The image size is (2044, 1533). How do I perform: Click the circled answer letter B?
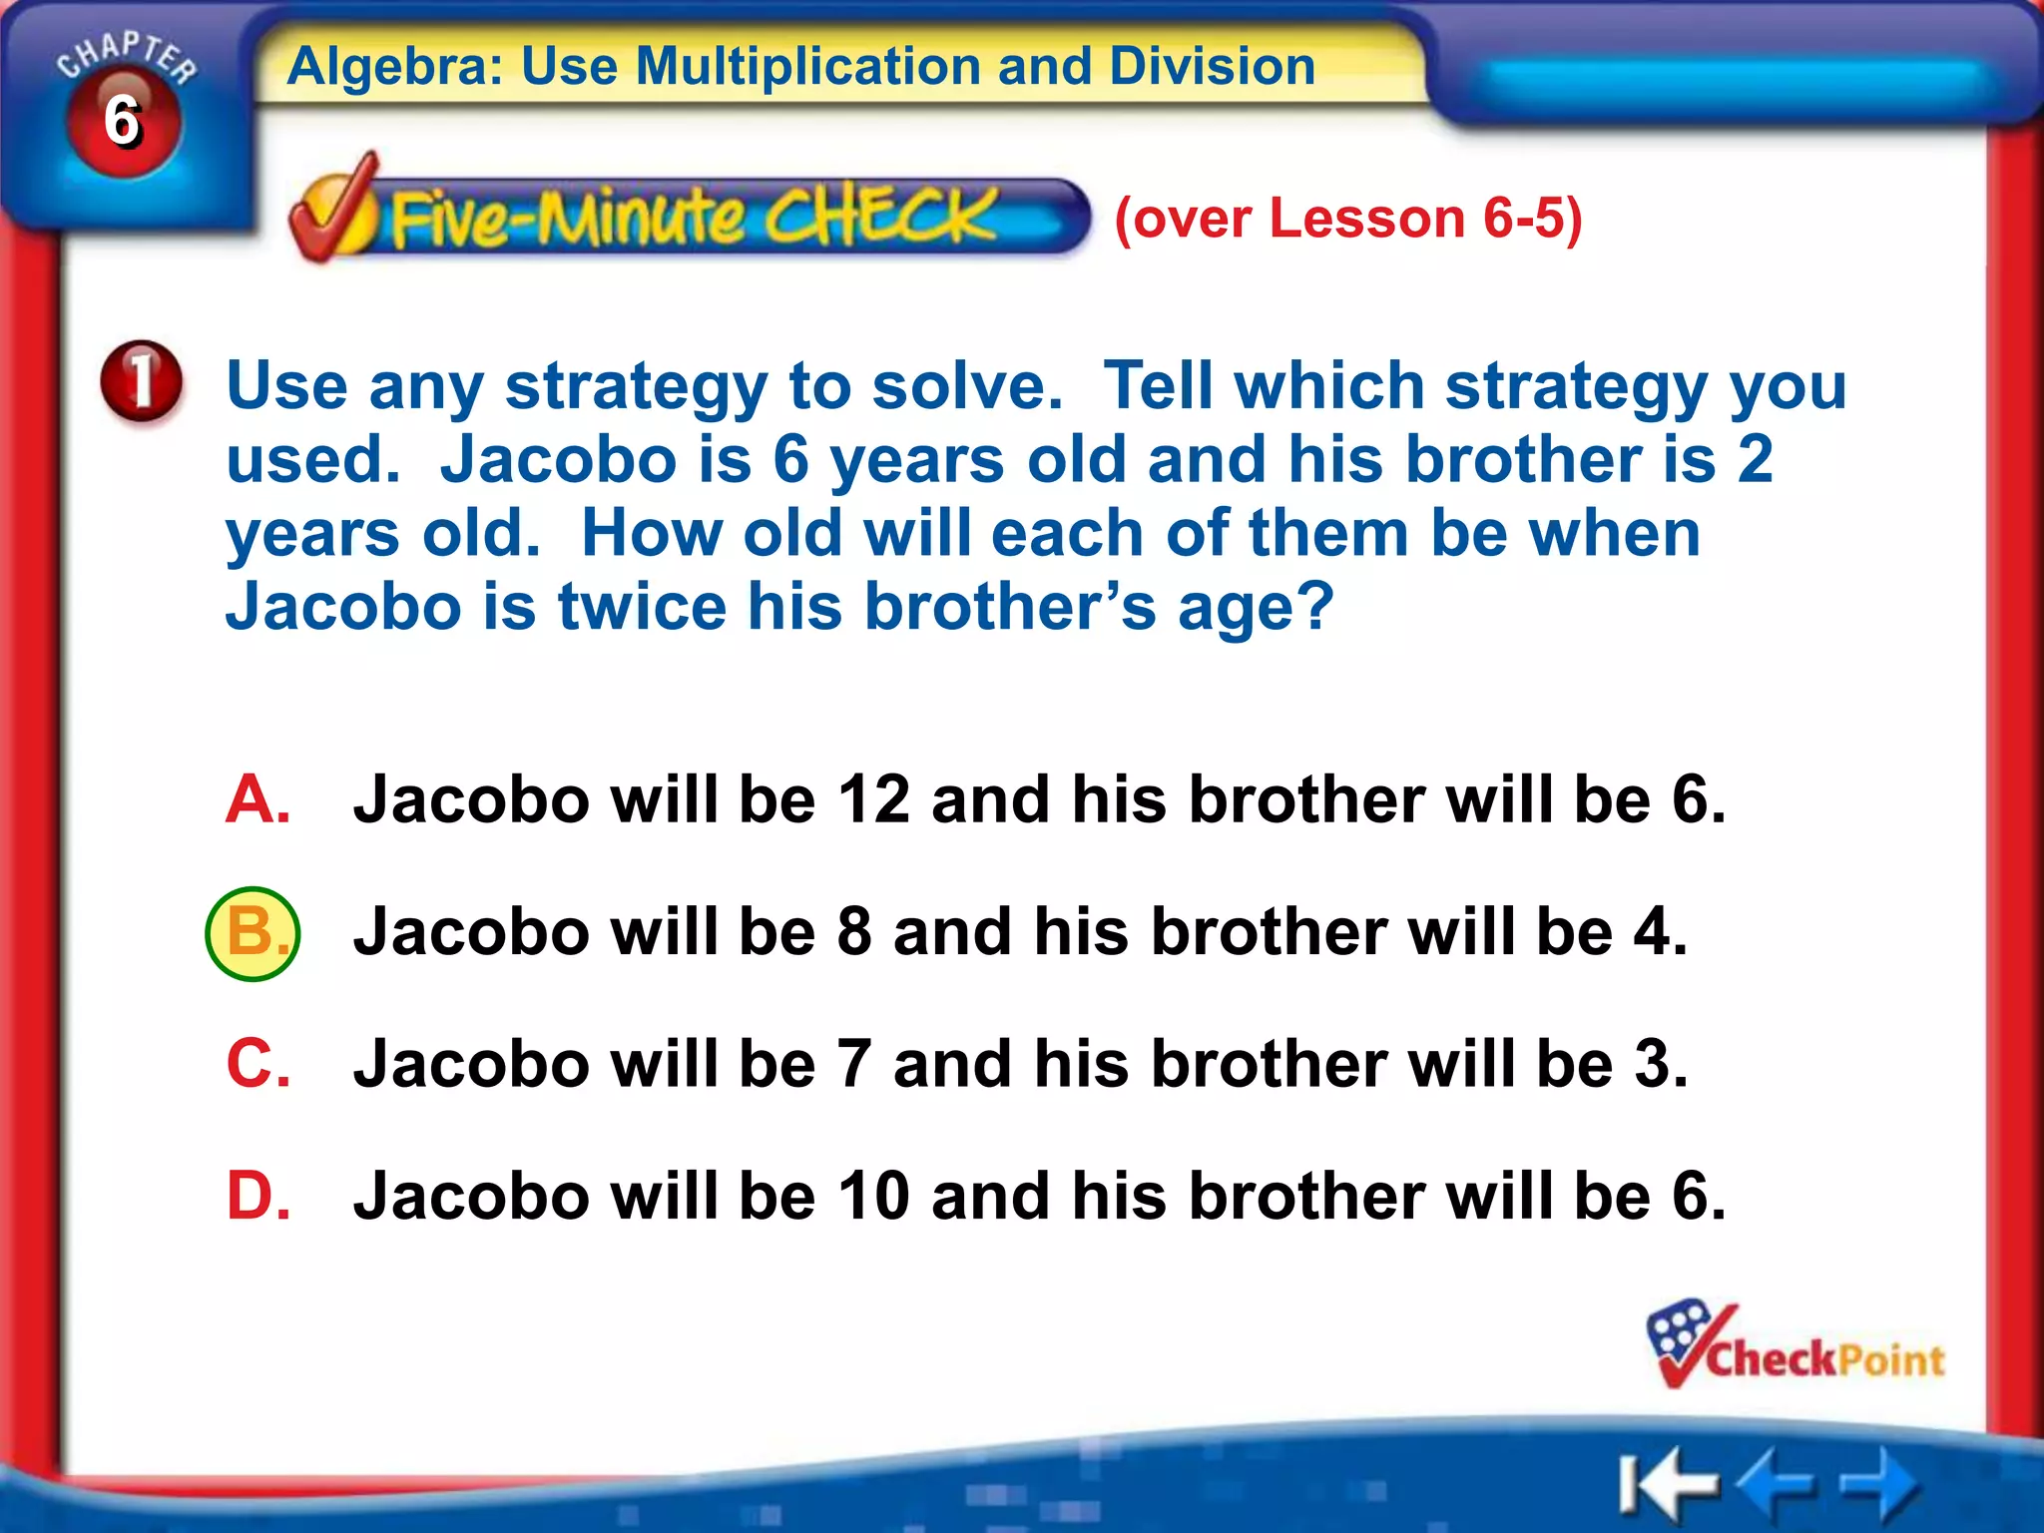253,933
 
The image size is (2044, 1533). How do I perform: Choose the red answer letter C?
257,1063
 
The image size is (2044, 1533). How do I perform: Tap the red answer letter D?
257,1195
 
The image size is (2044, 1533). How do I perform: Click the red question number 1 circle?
142,382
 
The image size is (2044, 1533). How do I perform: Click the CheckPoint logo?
1794,1347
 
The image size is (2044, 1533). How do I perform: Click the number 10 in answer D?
873,1195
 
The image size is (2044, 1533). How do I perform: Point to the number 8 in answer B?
854,932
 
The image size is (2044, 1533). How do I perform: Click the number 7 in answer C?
854,1064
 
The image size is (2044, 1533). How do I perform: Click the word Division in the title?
1212,67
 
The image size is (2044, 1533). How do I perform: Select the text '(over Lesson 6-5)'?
1347,218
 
